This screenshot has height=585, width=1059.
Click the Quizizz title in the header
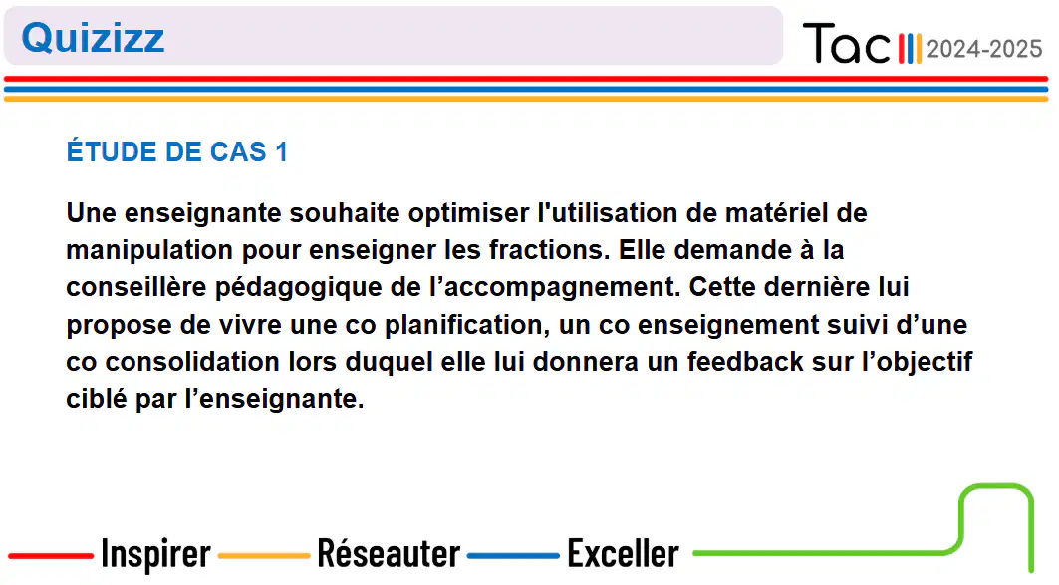click(x=93, y=38)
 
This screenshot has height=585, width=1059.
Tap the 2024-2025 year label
click(x=984, y=49)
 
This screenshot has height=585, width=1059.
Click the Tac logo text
click(x=846, y=43)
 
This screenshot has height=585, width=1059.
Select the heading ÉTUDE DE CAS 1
click(x=177, y=152)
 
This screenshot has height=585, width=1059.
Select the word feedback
click(x=745, y=362)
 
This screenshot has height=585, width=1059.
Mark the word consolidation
click(x=192, y=362)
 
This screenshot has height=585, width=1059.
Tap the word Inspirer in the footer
click(x=156, y=554)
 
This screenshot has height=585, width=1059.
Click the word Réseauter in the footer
click(x=389, y=554)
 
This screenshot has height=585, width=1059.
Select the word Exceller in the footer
click(x=623, y=554)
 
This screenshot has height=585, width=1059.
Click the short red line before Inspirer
click(x=51, y=556)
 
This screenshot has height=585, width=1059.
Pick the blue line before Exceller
click(x=513, y=556)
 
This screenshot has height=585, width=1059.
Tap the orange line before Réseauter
click(x=264, y=556)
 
